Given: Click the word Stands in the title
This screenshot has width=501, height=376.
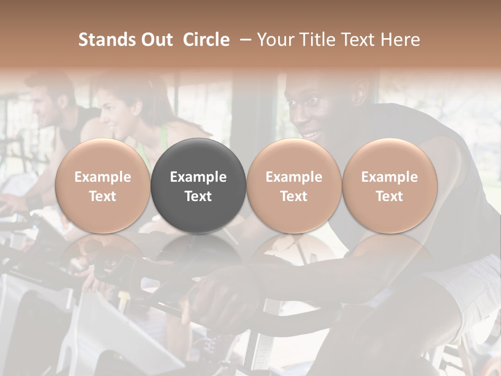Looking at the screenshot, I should click(104, 40).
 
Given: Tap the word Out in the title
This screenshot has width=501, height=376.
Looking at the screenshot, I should click(154, 40).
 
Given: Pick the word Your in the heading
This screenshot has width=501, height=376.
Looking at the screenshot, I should click(276, 40).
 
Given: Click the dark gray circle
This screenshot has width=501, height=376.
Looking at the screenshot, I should click(198, 186).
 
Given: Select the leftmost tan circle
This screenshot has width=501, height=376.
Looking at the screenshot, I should click(102, 186).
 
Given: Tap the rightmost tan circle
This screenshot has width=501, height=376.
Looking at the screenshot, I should click(389, 186).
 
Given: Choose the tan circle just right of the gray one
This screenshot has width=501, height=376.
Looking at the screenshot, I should click(294, 186).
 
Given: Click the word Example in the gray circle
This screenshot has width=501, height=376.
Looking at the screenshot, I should click(198, 177).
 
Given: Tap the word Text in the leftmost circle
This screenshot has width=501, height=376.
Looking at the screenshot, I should click(102, 196).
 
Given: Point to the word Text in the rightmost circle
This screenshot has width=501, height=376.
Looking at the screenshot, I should click(389, 196).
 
